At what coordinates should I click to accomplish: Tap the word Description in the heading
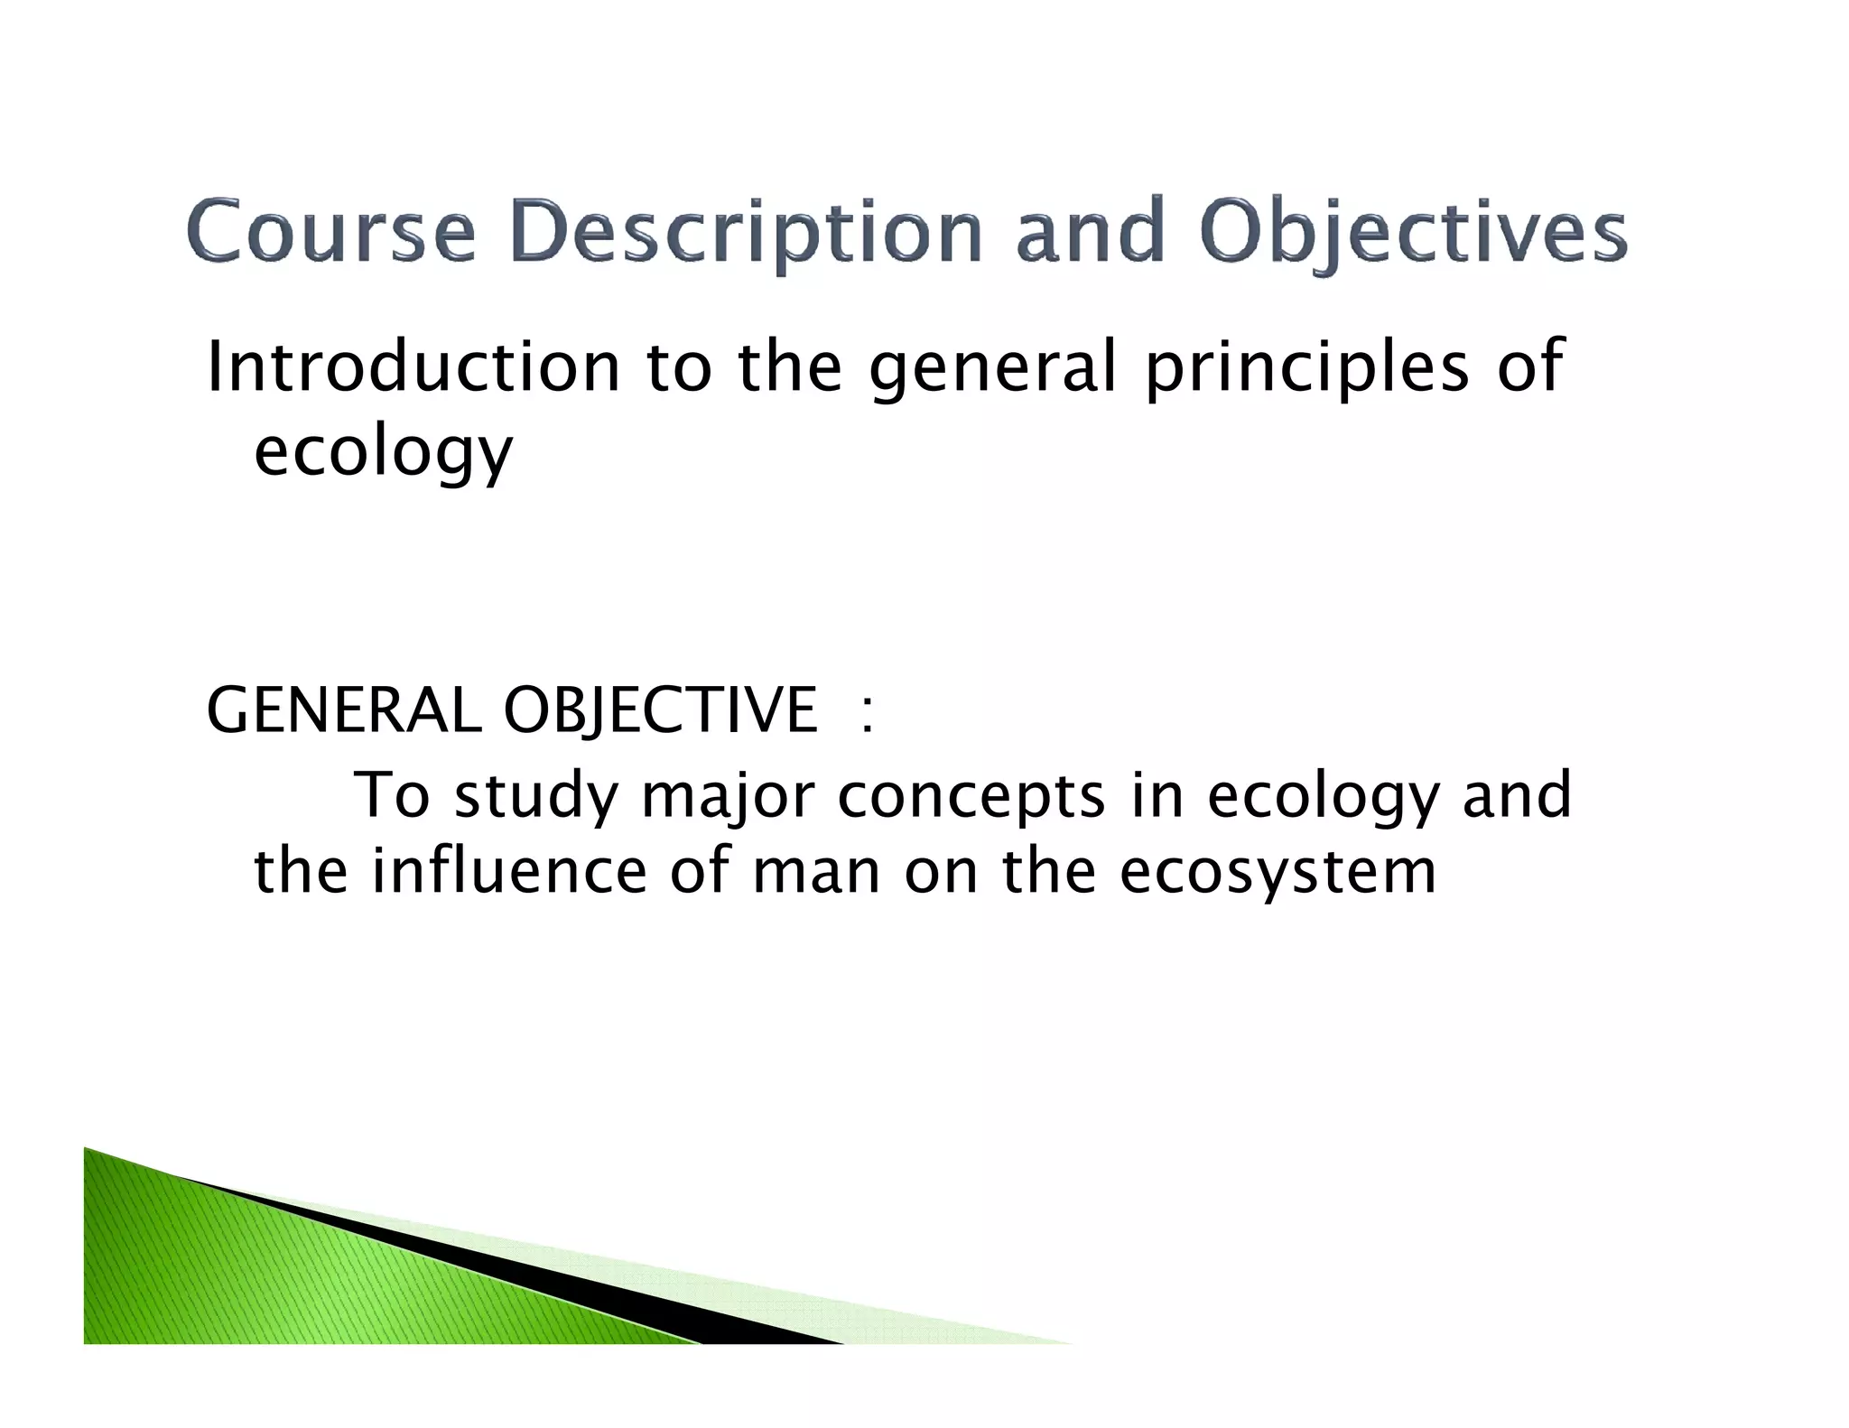(x=746, y=233)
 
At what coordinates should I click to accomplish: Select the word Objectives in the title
(x=1414, y=233)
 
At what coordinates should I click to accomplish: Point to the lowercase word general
(x=992, y=368)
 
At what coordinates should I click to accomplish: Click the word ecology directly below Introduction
(x=383, y=451)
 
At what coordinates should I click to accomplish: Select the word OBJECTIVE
(x=660, y=711)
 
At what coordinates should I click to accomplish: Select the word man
(x=816, y=874)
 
